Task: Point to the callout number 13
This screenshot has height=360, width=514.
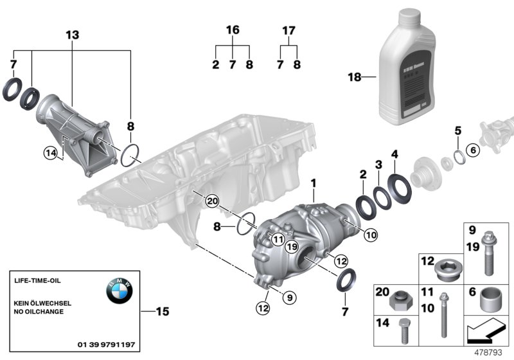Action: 73,35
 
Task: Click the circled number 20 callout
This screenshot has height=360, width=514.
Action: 212,201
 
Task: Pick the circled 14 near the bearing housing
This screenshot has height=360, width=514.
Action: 50,152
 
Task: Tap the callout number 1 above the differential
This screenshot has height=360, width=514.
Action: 314,184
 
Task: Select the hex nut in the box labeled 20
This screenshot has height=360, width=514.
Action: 402,300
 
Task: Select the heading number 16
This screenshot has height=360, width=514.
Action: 232,30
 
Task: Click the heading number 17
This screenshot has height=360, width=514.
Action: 288,30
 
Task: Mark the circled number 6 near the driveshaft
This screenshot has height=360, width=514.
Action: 473,150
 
